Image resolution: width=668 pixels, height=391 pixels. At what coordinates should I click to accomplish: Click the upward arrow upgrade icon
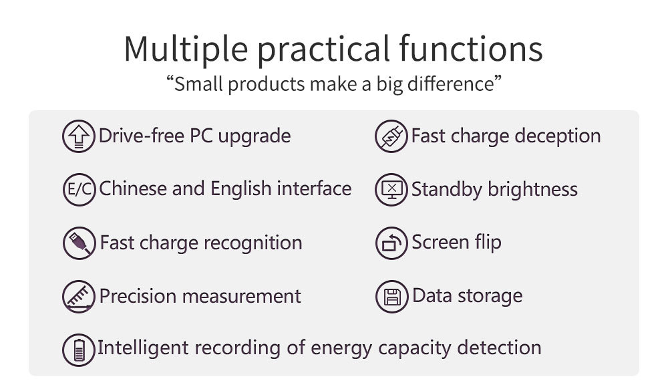79,136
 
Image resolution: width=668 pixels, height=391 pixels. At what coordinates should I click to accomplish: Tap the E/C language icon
79,189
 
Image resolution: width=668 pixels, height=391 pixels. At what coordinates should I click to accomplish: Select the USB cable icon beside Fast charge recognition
79,243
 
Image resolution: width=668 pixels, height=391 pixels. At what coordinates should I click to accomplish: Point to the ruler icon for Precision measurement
79,297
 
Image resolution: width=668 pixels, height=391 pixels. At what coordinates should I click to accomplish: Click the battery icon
79,350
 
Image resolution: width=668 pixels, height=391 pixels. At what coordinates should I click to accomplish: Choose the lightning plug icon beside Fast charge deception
391,136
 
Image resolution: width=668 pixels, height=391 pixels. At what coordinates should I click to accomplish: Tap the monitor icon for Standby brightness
391,190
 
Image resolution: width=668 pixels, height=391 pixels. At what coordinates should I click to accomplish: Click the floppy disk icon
392,297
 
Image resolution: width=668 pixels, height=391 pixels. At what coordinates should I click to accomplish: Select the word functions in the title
471,48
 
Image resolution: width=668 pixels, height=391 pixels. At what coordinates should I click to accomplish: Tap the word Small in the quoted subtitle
198,84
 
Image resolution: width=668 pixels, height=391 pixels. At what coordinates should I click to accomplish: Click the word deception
558,136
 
